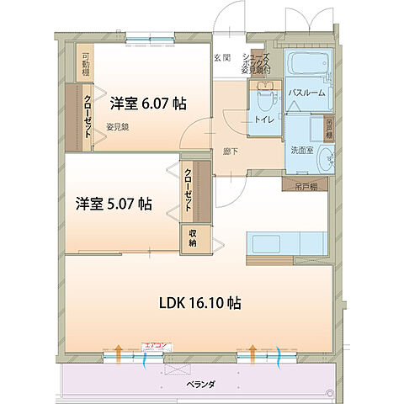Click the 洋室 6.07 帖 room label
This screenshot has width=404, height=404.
coord(148,104)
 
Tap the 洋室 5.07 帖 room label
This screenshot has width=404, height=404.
coord(114,203)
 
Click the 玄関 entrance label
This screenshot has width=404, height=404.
coord(221,57)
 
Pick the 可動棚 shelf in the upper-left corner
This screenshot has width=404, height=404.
coord(86,65)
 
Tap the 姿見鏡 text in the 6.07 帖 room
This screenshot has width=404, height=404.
coord(118,126)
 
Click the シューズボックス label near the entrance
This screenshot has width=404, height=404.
coord(255,61)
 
